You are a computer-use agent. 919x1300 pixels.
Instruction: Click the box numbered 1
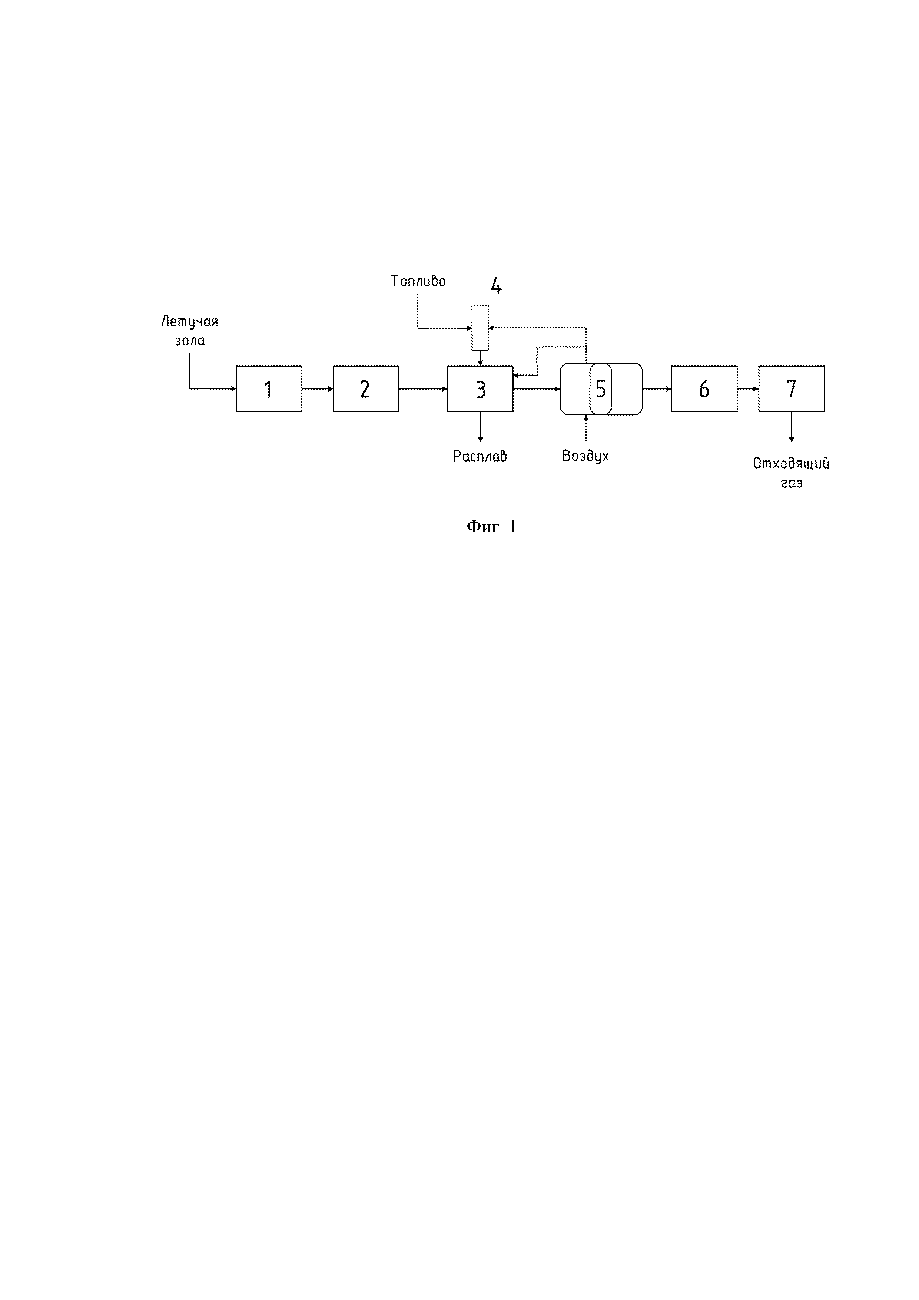coord(269,389)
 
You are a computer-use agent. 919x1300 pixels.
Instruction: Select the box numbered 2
coord(366,389)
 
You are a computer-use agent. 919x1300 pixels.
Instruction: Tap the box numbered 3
coord(480,389)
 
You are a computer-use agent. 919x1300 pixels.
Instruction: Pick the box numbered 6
coord(704,389)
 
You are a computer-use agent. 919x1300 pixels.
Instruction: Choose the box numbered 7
coord(791,389)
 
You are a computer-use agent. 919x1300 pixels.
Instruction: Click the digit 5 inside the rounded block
coord(600,389)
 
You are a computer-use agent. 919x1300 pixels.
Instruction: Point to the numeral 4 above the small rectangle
coord(496,286)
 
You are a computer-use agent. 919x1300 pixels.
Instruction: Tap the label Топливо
coord(418,281)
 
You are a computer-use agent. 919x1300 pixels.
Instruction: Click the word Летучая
coord(190,322)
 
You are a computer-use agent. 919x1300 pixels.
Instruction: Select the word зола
coord(190,341)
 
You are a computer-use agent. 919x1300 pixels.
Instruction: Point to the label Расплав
coord(480,456)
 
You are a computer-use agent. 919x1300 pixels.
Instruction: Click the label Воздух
coord(586,456)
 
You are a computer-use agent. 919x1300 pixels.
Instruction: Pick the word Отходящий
coord(791,464)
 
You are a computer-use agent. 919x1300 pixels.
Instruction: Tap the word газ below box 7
coord(791,483)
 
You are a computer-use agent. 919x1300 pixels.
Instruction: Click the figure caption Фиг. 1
coord(491,527)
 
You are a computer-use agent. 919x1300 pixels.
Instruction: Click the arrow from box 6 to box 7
coord(747,389)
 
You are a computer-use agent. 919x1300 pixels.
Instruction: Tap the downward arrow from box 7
coord(791,427)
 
